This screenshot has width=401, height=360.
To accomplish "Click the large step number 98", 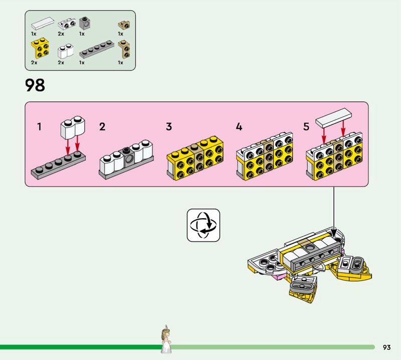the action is point(35,85).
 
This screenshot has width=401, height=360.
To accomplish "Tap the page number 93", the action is point(386,347).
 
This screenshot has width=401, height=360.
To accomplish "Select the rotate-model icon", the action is point(204,225).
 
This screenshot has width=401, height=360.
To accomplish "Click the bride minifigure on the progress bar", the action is point(166,339).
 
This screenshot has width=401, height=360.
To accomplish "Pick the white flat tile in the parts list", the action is point(43,23).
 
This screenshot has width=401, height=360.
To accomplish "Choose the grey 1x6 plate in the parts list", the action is point(97,49).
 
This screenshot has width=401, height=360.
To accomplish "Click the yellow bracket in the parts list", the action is point(40,48).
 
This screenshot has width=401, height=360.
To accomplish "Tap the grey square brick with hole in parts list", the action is point(85,23).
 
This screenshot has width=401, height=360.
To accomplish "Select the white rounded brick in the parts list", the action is point(66,51).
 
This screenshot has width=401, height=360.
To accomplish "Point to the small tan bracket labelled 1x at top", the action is point(124,25).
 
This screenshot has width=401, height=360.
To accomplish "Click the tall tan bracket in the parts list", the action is point(124,49).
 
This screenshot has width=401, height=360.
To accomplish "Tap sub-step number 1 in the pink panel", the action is point(39,127).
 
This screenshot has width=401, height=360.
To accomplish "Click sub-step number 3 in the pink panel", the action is point(169,127).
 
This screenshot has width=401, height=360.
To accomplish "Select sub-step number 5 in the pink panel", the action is point(306,127).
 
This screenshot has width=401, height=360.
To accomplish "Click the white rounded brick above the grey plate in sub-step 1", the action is point(73,127).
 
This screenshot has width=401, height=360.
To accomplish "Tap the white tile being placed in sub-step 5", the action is point(333,118).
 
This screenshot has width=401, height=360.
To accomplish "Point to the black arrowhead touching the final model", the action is point(333,233).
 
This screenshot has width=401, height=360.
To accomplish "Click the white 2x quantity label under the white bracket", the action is point(61,34).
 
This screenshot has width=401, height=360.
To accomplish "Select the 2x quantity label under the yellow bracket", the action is point(34,63).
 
